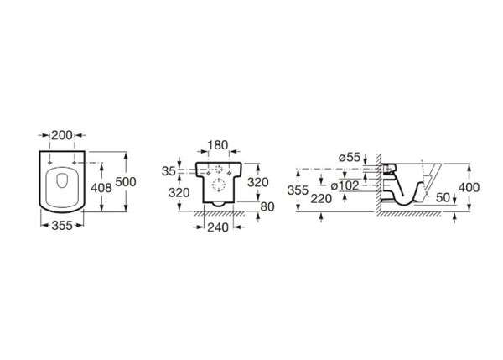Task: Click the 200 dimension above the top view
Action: [62, 135]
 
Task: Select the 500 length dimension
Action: [126, 182]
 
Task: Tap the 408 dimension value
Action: [101, 188]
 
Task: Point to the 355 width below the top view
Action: [62, 226]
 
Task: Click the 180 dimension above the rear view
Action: [218, 145]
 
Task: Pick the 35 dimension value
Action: [169, 171]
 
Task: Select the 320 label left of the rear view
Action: [179, 193]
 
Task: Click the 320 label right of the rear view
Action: [258, 182]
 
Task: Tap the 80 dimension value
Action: [267, 206]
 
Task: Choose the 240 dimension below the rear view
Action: [218, 227]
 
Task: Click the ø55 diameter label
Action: [350, 158]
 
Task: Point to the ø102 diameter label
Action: [345, 185]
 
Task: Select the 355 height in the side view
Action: [298, 190]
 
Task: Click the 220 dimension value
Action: [321, 199]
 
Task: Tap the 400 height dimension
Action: [469, 187]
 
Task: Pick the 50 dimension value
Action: [443, 197]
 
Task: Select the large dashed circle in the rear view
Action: [219, 185]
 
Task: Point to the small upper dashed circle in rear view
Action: [219, 169]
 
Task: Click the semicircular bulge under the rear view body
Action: [219, 205]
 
